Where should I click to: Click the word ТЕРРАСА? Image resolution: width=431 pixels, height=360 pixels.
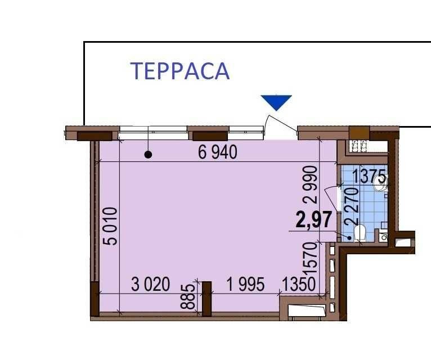180,71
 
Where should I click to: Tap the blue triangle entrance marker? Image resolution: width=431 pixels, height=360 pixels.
276,102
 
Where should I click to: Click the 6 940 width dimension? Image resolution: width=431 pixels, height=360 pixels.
217,152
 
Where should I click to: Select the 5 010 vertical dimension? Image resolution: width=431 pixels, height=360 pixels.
110,226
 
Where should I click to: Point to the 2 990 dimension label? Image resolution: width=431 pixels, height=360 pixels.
311,184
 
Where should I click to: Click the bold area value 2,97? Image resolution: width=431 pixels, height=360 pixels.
313,220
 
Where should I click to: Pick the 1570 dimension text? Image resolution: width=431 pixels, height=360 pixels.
311,258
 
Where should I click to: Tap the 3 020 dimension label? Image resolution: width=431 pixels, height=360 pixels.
150,284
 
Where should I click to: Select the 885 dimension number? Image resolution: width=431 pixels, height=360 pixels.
188,296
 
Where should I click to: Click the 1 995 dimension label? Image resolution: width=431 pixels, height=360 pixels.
245,284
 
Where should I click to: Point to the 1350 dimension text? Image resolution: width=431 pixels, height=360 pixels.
299,284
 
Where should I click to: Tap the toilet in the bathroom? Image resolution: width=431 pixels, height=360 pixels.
360,233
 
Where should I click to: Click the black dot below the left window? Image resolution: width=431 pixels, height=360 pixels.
148,155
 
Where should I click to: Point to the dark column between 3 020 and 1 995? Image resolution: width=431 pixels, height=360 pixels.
206,299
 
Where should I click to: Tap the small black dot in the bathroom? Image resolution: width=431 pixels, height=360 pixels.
349,238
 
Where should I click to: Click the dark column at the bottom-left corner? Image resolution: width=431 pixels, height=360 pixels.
95,299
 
